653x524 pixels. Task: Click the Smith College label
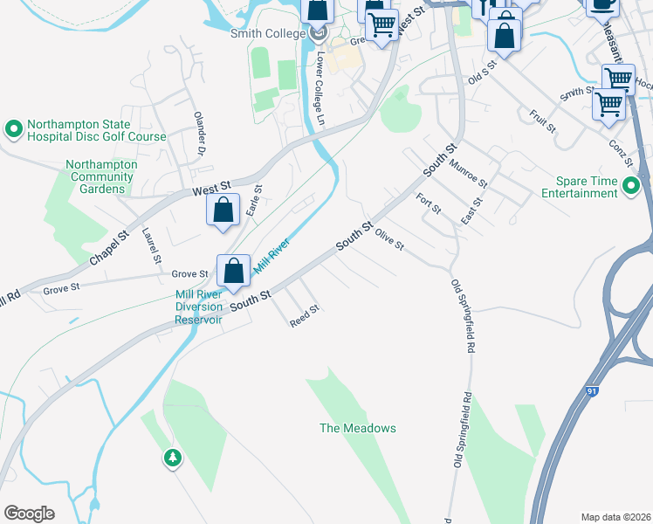click(267, 33)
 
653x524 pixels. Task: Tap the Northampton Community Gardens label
click(101, 170)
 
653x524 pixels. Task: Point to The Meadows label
click(357, 428)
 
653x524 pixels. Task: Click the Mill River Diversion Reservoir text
click(199, 307)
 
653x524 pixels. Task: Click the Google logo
click(29, 513)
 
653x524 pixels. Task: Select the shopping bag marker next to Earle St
click(223, 210)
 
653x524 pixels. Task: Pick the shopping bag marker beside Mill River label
click(233, 270)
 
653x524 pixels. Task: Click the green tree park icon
click(173, 457)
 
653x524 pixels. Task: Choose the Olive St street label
click(389, 238)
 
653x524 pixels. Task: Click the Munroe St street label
click(468, 170)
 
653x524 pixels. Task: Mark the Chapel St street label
click(109, 248)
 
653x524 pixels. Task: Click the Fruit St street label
click(542, 121)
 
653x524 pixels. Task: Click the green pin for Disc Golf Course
click(14, 130)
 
